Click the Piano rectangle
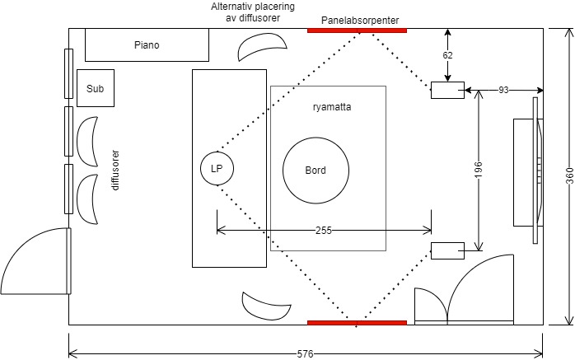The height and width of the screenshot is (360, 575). [x=146, y=45]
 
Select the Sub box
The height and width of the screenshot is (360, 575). [x=96, y=88]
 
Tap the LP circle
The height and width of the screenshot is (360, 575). [x=217, y=169]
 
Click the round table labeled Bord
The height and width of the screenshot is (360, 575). [x=315, y=171]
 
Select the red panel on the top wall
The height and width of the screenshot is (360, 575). [x=357, y=30]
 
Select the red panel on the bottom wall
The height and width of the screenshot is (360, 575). [x=357, y=322]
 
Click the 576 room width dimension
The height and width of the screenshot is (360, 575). [x=305, y=353]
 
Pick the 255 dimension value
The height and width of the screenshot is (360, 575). [x=324, y=231]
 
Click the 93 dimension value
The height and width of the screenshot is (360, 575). [x=503, y=89]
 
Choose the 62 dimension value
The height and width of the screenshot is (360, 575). [x=447, y=55]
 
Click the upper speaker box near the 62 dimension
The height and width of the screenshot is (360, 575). [x=447, y=90]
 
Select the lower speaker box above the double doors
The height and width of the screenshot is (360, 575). [x=447, y=250]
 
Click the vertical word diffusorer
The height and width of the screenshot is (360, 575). [x=116, y=170]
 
